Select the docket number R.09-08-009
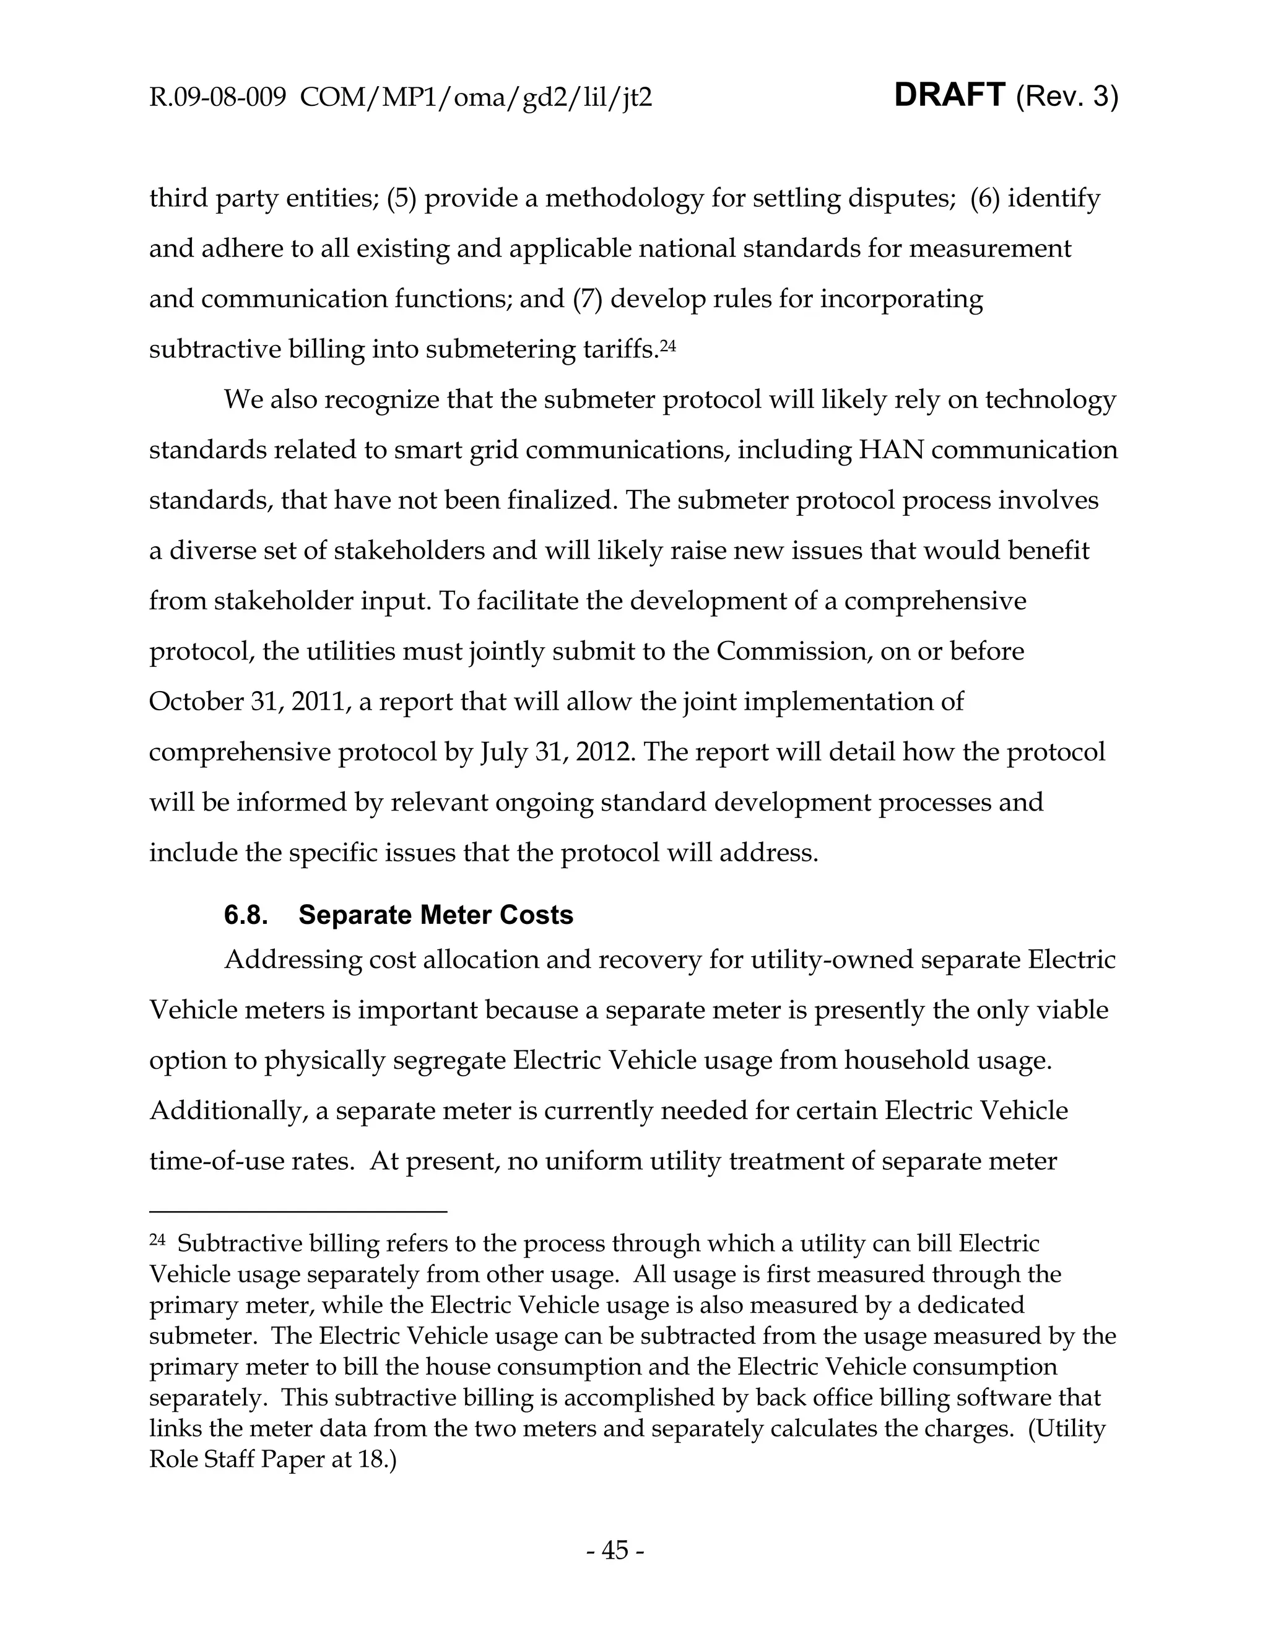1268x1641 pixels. tap(218, 98)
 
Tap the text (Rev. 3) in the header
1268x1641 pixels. tap(1067, 98)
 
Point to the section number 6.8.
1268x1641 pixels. tap(246, 915)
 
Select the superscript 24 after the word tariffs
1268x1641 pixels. tap(668, 345)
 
